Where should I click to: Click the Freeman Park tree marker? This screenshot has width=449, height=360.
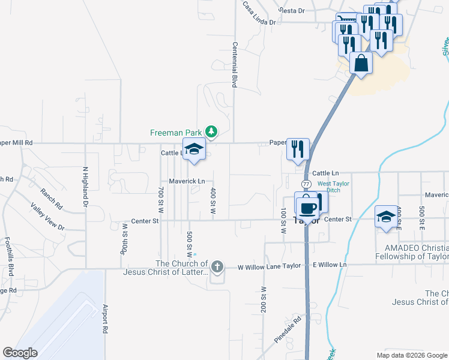(x=211, y=131)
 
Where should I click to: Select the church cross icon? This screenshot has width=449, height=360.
(x=217, y=266)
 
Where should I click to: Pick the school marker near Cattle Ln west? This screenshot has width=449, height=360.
(x=194, y=149)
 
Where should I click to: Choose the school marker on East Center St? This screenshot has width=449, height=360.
(x=385, y=217)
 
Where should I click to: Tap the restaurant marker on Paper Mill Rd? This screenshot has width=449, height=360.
(x=298, y=149)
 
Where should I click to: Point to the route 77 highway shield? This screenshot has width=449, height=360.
(x=307, y=183)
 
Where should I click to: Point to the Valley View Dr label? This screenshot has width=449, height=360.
(x=47, y=216)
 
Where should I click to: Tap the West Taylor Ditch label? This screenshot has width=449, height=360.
(x=333, y=187)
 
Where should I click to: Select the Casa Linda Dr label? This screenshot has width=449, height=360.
(x=259, y=14)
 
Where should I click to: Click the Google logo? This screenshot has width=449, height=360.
(x=20, y=353)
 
